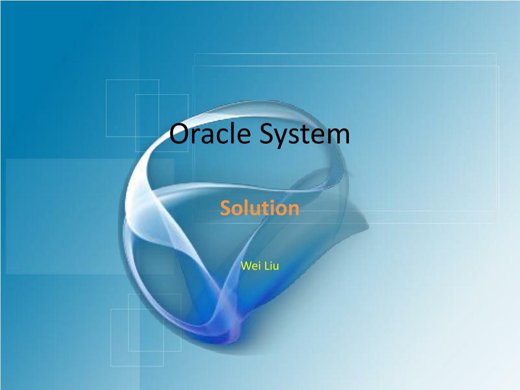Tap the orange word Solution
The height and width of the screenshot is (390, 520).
pyautogui.click(x=259, y=208)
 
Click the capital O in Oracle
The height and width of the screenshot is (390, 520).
pyautogui.click(x=179, y=135)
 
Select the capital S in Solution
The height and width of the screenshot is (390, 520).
pyautogui.click(x=225, y=208)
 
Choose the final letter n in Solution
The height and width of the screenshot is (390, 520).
pyautogui.click(x=294, y=210)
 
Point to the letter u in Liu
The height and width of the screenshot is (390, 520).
pyautogui.click(x=276, y=266)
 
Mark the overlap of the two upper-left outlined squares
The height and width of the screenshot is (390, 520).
pyautogui.click(x=147, y=115)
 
